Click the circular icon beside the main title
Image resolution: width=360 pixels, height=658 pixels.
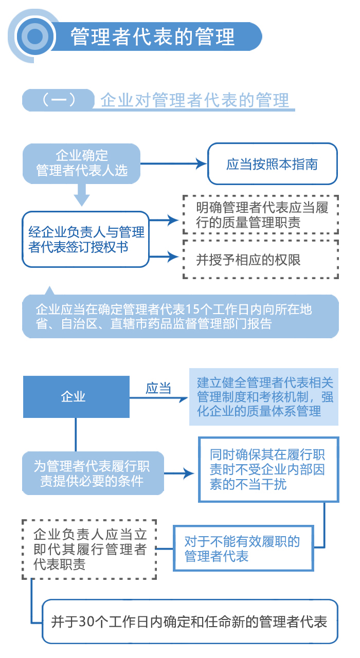click(34, 36)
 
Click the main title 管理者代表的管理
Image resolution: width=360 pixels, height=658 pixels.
click(153, 36)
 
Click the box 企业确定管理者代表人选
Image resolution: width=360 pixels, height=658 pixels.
click(81, 163)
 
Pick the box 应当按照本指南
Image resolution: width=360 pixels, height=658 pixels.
click(272, 164)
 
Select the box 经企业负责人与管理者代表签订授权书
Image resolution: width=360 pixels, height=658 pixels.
click(85, 239)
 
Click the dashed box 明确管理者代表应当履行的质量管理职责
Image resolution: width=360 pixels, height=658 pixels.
click(261, 215)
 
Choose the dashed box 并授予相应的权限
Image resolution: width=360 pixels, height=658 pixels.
click(261, 260)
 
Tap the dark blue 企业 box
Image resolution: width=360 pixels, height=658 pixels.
click(76, 396)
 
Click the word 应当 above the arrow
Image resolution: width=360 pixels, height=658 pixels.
click(158, 388)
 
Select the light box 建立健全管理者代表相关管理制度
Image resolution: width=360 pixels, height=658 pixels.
click(263, 397)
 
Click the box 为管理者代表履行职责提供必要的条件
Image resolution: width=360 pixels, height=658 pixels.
click(93, 473)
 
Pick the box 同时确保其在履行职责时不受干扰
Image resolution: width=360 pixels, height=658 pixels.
click(268, 469)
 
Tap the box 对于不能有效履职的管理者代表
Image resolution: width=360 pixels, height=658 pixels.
click(243, 548)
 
